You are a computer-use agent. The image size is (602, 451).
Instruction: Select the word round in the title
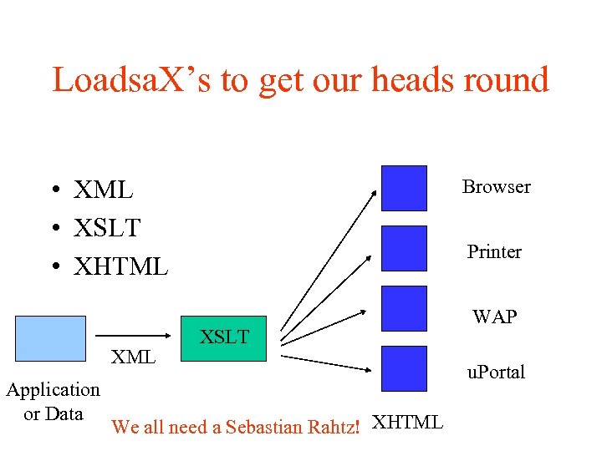point(508,80)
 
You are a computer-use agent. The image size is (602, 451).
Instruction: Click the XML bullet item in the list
point(103,190)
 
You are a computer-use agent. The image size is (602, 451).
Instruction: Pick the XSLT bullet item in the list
point(106,228)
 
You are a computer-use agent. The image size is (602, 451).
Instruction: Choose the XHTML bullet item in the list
point(120,266)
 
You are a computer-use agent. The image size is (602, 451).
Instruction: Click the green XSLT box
point(224,338)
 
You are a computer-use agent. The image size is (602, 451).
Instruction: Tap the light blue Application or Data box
point(50,338)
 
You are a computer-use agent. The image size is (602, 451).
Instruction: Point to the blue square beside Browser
point(404,188)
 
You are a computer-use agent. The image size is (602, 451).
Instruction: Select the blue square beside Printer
point(404,248)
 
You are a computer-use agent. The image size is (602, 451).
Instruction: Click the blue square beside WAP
point(404,308)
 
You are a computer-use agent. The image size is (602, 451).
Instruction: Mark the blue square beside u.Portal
point(404,368)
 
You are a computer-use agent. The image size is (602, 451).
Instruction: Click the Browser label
point(497,187)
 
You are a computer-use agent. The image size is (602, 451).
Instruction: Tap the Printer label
point(494,252)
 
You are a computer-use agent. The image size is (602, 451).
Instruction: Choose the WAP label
point(494,317)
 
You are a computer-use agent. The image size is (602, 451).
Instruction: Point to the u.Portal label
point(496,372)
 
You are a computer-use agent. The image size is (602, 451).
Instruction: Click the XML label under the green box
point(134,357)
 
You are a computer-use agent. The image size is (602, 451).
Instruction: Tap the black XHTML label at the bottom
point(407,423)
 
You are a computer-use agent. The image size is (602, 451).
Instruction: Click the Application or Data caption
point(53,402)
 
